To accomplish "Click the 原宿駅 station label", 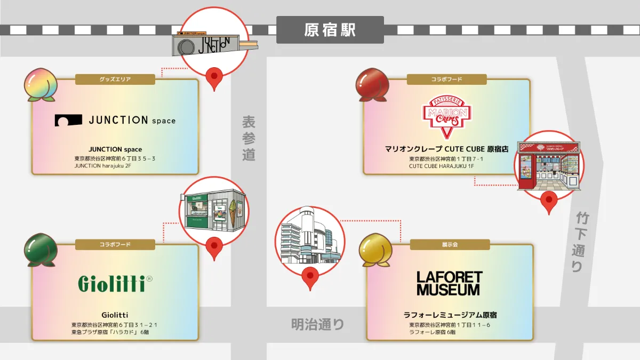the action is click(330, 30).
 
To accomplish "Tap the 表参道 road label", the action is click(249, 138).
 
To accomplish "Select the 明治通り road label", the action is click(318, 324).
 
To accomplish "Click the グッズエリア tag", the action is click(115, 79).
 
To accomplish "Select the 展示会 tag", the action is click(450, 245).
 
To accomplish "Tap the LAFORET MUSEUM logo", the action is click(449, 283).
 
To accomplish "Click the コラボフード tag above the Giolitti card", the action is click(115, 245).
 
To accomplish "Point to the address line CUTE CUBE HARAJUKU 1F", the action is click(442, 166).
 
